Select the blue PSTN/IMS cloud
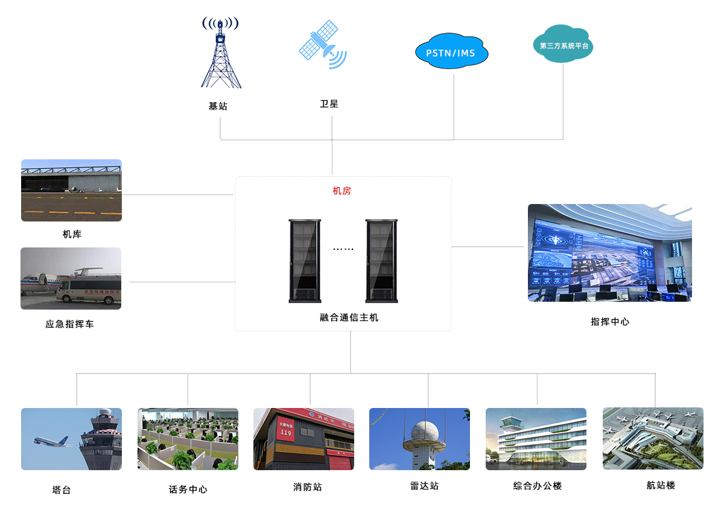point(451,53)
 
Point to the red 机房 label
point(341,191)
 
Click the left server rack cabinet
point(305,261)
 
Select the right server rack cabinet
point(381,261)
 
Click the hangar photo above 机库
point(71,190)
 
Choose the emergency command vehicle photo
point(71,278)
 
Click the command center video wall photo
point(609,252)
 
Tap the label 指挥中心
point(609,322)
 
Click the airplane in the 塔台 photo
point(51,442)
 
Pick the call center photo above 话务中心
point(188,439)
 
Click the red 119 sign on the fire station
point(286,429)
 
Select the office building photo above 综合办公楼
point(536,439)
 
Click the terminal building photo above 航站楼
point(653,438)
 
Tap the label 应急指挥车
point(69,324)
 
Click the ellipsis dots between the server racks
point(343,249)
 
